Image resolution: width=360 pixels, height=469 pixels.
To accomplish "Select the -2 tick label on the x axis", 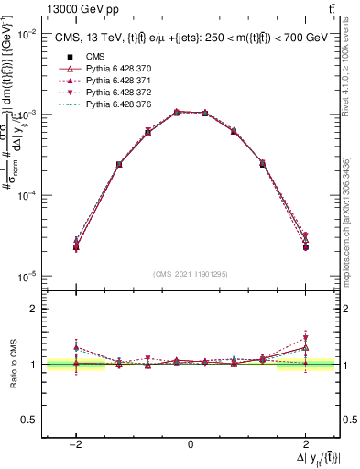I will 76,444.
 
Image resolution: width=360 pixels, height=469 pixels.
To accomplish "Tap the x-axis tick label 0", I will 191,444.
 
